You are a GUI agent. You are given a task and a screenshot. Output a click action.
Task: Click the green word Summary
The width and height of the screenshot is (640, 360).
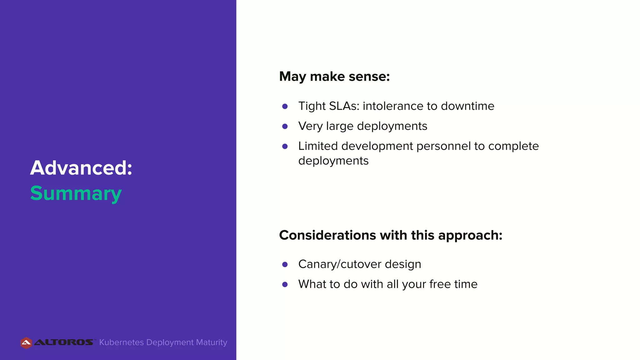(x=76, y=193)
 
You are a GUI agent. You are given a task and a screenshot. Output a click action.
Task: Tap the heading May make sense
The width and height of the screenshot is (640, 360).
(x=334, y=77)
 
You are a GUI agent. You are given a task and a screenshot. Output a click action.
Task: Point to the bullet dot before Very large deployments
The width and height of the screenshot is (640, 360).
(x=285, y=127)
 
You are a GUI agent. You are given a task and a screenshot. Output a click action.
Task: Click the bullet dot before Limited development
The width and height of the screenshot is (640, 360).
(x=285, y=147)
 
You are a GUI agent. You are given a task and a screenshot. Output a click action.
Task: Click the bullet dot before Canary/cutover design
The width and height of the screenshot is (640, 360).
(x=285, y=265)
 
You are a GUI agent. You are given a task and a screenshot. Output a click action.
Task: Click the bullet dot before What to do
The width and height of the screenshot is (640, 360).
(x=285, y=284)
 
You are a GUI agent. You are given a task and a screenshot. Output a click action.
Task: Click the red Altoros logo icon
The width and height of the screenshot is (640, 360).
(x=26, y=343)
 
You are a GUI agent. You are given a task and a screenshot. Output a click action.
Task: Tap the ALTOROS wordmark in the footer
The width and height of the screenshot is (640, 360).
(x=64, y=342)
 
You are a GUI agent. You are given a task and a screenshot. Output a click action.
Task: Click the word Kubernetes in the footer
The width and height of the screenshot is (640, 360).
(x=121, y=342)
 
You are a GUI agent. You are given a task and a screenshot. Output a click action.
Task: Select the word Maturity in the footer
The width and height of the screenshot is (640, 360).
(x=212, y=342)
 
